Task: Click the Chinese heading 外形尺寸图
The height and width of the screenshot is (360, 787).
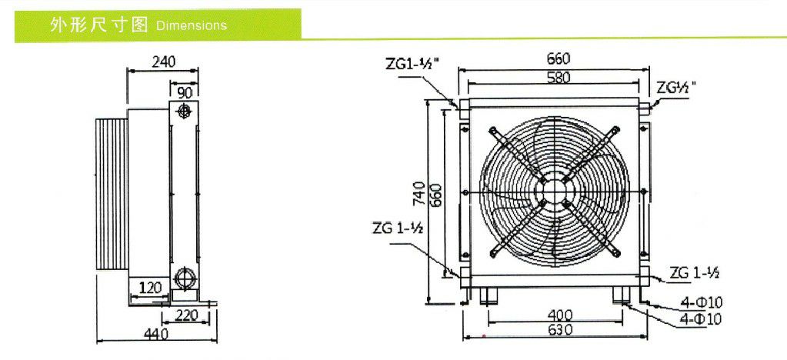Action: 98,25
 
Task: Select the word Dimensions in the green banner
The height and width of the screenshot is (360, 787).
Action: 191,25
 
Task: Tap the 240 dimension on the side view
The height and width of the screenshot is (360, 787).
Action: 164,61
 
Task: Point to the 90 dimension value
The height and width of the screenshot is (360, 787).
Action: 185,92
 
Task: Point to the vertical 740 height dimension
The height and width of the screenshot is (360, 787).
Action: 419,194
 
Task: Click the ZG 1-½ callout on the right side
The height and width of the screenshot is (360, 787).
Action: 695,272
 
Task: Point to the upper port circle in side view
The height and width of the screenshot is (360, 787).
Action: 185,112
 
